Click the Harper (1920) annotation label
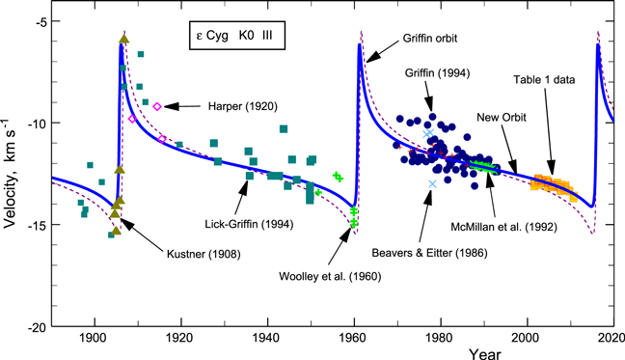pos(237,106)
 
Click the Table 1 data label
pos(546,82)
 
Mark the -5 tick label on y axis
pos(39,22)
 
